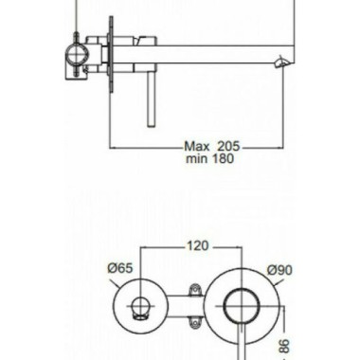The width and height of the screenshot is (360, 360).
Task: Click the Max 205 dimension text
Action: point(212,147)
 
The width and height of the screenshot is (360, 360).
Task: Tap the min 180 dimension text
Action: point(210,158)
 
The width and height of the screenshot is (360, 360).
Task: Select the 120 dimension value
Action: point(198,245)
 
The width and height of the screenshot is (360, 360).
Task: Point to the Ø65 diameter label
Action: point(120,268)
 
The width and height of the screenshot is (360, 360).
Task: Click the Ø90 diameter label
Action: point(279,270)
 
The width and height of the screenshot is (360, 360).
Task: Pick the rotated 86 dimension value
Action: point(284,347)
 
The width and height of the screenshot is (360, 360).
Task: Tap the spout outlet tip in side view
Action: point(281,62)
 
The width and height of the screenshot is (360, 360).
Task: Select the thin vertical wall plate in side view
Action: point(111,54)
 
